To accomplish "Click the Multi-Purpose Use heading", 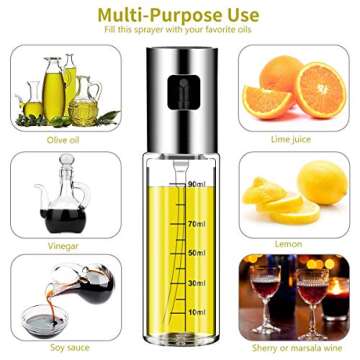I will (x=180, y=15).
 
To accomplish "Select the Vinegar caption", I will (x=60, y=244).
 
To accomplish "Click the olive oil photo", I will (x=59, y=88).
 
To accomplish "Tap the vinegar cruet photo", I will (x=59, y=194).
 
